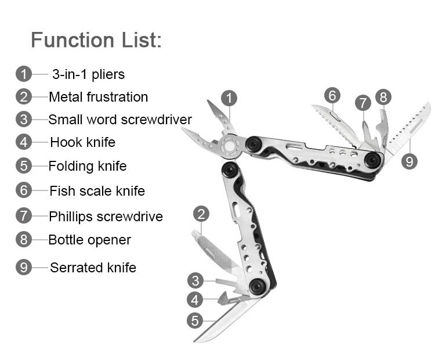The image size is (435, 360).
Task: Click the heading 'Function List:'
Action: click(x=96, y=40)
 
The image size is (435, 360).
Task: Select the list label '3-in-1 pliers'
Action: click(x=88, y=74)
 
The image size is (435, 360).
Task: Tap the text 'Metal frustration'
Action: click(x=98, y=97)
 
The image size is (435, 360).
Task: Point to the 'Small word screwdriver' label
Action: click(x=119, y=120)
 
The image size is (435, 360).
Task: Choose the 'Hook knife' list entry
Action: click(x=82, y=142)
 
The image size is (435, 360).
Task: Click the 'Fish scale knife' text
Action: click(x=97, y=190)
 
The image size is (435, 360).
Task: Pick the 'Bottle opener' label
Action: click(x=89, y=240)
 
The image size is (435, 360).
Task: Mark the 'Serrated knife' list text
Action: click(x=93, y=268)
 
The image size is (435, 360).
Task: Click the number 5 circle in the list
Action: click(x=23, y=166)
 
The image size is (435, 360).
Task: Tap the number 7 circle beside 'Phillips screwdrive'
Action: click(x=23, y=217)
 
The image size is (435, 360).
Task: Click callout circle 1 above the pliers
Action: click(x=229, y=98)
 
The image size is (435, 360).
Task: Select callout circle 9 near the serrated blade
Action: click(x=409, y=161)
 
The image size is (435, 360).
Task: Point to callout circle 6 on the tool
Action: click(x=332, y=95)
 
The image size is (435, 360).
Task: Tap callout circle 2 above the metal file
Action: click(x=201, y=214)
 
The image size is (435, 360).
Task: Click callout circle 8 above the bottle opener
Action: click(x=383, y=97)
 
